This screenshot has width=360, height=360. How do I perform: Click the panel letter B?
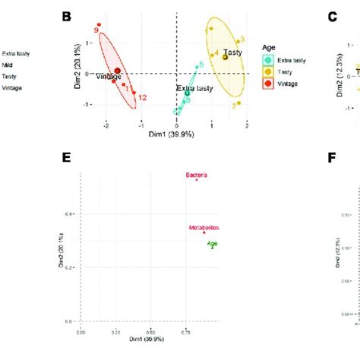(67, 15)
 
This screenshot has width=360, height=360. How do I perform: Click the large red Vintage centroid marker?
(118, 71)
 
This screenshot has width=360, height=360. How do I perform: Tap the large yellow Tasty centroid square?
(226, 57)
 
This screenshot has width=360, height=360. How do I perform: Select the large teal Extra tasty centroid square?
(188, 93)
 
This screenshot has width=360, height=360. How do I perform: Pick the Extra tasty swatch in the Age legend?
(267, 59)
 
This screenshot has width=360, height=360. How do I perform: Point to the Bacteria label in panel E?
(197, 175)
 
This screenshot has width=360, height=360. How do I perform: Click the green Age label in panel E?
(212, 243)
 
